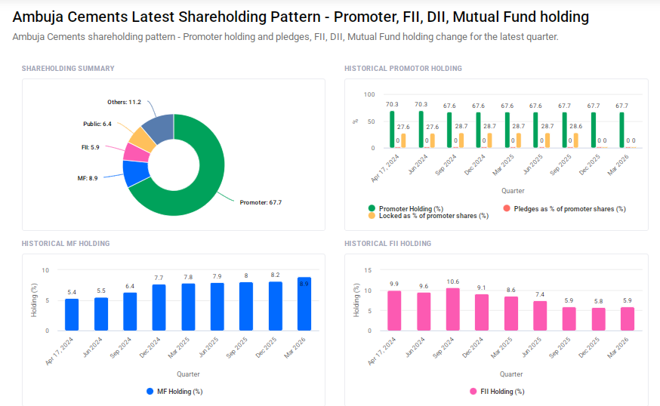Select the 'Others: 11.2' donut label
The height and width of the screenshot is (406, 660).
(x=124, y=102)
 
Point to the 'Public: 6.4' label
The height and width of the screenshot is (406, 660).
(x=97, y=123)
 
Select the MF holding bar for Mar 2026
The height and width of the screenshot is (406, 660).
(x=304, y=304)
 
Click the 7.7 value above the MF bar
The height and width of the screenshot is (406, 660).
(x=159, y=278)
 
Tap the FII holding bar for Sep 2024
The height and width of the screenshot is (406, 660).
(x=452, y=309)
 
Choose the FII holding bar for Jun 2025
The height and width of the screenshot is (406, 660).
(x=540, y=315)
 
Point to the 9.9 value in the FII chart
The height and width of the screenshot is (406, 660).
(x=394, y=284)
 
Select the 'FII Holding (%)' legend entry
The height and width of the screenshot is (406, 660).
(x=496, y=391)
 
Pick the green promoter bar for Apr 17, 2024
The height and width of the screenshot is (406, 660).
(x=392, y=129)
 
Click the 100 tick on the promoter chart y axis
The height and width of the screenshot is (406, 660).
(x=369, y=94)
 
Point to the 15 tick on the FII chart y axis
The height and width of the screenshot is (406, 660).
(x=368, y=270)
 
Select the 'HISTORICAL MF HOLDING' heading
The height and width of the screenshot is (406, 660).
(x=66, y=244)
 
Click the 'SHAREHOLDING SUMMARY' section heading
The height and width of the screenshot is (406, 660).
(x=68, y=69)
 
